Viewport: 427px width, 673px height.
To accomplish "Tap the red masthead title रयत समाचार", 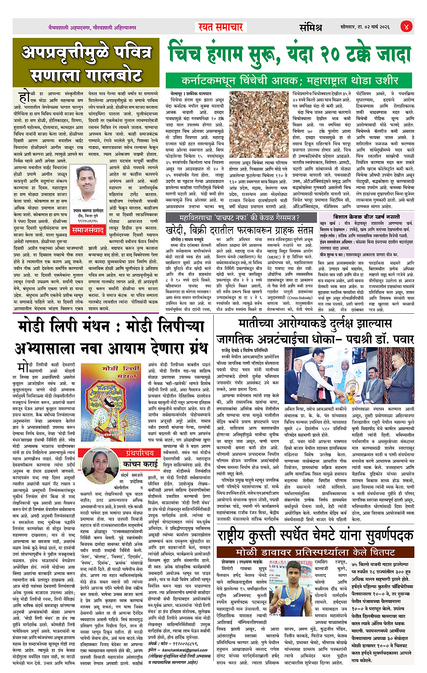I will click(x=221, y=27).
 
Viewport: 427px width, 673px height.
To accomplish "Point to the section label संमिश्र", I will click(x=310, y=28).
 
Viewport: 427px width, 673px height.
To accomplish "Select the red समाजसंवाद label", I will click(x=88, y=230).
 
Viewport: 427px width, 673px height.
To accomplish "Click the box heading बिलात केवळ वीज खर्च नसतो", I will click(x=366, y=217).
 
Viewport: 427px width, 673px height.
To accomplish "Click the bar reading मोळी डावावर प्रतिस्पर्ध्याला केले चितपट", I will click(x=315, y=552).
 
